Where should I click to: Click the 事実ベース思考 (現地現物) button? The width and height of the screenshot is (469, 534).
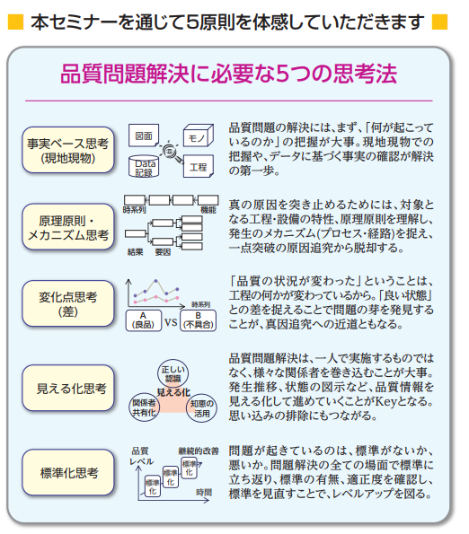pos(68,150)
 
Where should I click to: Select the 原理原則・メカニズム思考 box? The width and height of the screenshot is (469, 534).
pos(68,227)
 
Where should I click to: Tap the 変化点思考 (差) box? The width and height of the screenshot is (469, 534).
pos(68,303)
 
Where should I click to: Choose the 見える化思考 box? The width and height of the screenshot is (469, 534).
pos(68,388)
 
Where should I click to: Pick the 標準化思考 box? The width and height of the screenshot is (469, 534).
pos(68,472)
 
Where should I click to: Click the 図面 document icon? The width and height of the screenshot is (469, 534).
pos(144,136)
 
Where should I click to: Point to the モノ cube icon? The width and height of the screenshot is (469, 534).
pos(199,136)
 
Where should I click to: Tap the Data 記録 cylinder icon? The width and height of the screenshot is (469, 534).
pos(144,166)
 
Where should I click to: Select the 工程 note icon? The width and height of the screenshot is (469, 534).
pos(199,167)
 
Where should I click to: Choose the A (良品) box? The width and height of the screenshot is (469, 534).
pos(144,320)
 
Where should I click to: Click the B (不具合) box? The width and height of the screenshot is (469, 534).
pos(198,320)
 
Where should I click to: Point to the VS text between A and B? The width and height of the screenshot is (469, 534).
pos(171,322)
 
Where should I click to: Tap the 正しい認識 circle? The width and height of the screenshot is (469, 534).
pos(173,373)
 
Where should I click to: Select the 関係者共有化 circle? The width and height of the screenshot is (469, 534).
pos(144,407)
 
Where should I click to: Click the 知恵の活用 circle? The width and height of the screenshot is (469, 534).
pos(201,408)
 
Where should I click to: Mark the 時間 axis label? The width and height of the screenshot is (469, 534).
pos(204,492)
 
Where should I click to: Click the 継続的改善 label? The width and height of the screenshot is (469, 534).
pos(199,451)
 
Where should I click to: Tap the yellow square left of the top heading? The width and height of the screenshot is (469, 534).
pos(15,22)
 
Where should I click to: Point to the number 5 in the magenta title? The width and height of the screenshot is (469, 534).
pos(282,74)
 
